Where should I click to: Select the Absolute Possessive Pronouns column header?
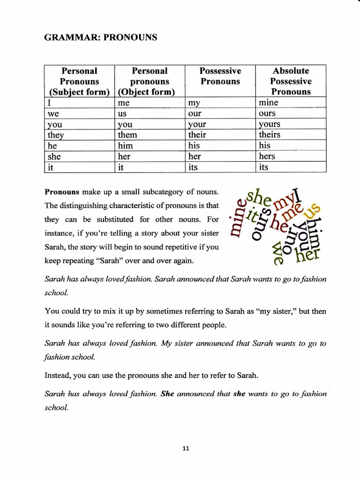tap(291, 81)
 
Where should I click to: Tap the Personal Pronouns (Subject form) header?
tap(79, 81)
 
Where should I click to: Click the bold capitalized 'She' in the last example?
tap(167, 394)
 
